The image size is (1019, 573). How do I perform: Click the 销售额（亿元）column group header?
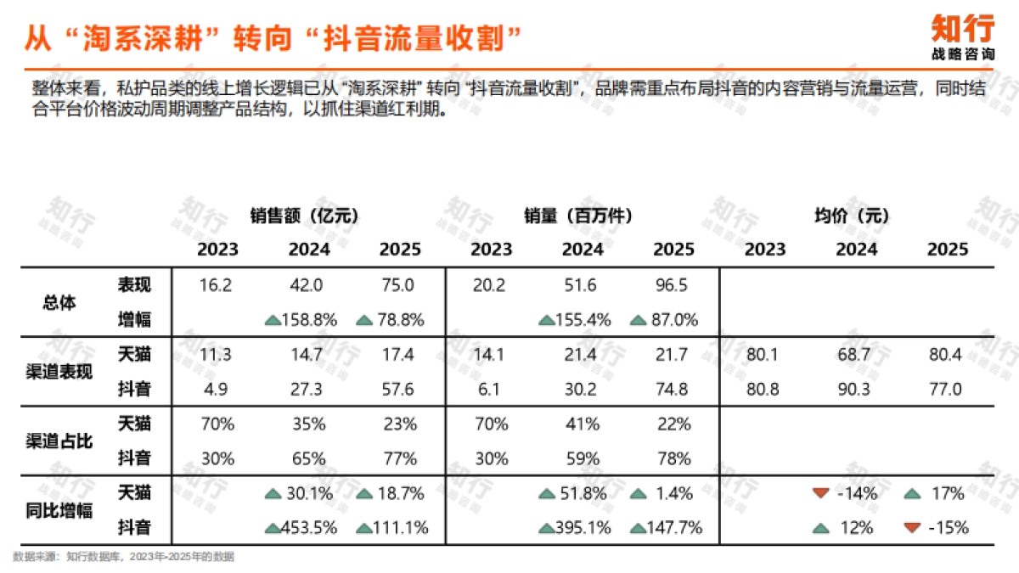[x=303, y=216]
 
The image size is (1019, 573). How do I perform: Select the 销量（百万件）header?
[x=577, y=216]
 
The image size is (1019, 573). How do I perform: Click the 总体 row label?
[x=59, y=302]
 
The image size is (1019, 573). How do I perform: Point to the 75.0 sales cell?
[x=399, y=285]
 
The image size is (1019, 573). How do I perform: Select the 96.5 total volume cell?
[x=672, y=285]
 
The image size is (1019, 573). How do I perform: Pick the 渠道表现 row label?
[x=59, y=372]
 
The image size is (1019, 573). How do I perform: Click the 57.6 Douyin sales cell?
[x=399, y=389]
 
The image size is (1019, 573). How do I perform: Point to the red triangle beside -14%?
[x=820, y=493]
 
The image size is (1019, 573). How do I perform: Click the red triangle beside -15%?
[x=912, y=527]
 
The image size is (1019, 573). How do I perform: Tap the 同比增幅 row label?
[x=59, y=510]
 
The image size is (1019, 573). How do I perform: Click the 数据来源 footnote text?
[x=123, y=557]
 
